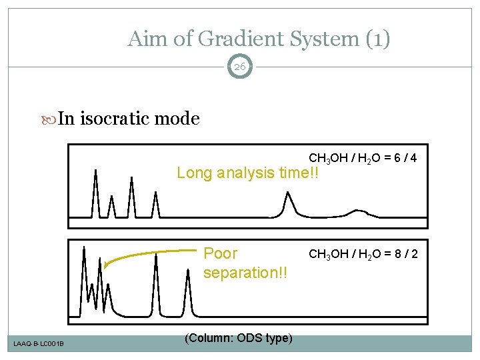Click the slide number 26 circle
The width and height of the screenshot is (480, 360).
tap(240, 67)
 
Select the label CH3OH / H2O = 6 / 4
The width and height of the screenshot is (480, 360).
tap(363, 159)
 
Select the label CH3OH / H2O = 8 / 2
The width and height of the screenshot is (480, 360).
tap(363, 254)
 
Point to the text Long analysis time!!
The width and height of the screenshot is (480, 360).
tap(248, 173)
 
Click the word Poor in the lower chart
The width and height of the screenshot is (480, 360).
tap(220, 254)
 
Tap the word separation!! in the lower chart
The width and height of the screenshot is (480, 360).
tap(245, 273)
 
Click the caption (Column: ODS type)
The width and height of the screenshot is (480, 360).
tap(238, 338)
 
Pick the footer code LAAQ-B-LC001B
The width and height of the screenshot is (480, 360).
tap(38, 343)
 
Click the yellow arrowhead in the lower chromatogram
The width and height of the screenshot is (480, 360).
tap(107, 265)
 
